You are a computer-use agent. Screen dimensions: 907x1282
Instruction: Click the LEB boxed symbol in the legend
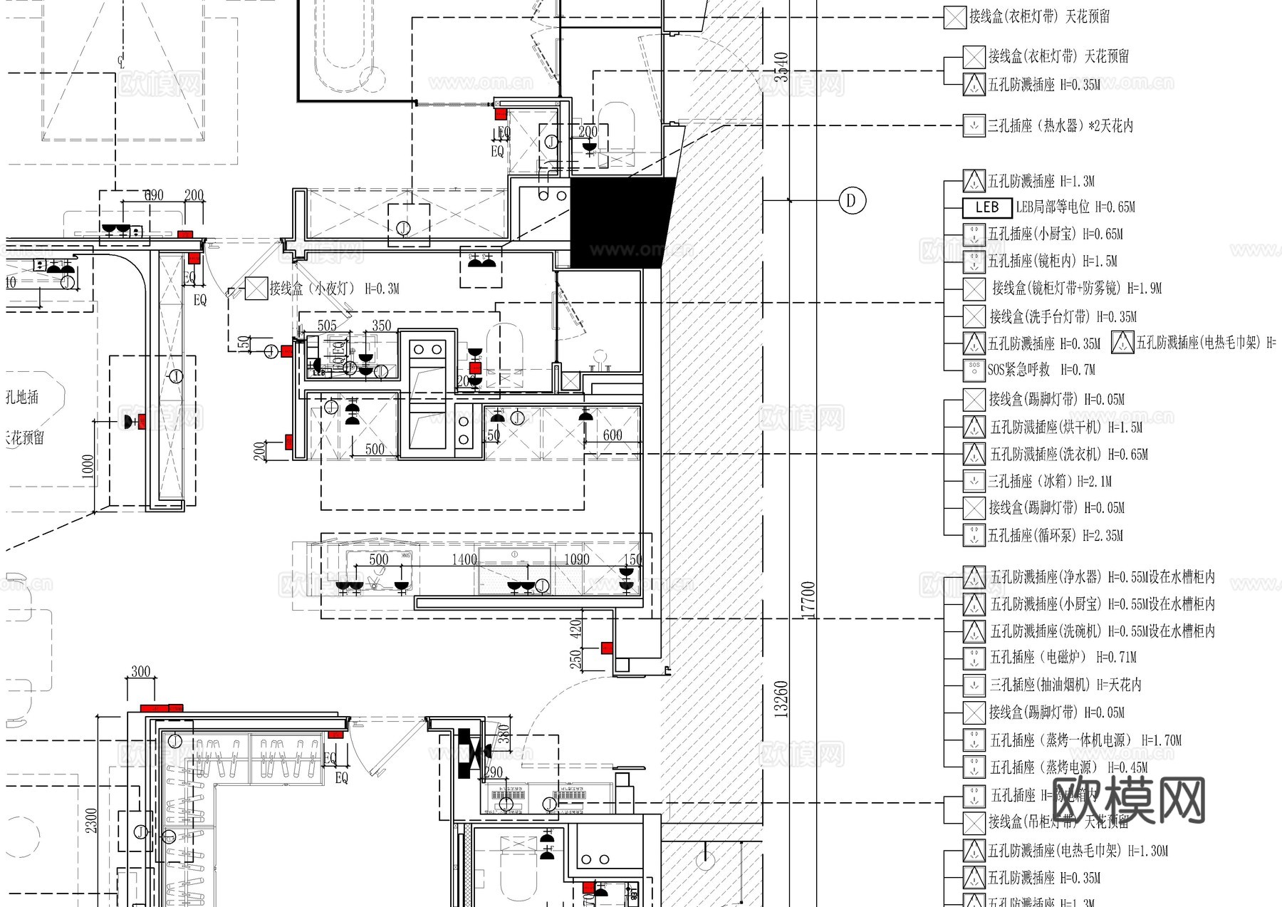986,207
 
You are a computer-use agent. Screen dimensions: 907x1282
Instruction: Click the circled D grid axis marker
850,200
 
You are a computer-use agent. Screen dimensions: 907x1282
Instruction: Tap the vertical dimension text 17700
808,599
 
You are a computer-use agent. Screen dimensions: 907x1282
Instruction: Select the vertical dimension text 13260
781,699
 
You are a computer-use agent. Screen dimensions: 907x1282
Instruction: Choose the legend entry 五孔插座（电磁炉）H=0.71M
1063,657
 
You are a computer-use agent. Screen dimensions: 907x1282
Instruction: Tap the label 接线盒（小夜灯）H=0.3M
333,289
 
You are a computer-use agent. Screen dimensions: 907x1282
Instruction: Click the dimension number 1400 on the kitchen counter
464,559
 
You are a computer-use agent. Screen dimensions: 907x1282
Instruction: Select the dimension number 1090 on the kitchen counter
577,559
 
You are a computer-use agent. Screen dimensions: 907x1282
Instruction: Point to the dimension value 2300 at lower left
91,819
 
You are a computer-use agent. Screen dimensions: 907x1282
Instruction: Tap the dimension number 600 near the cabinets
613,435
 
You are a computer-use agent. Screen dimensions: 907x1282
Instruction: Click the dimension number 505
327,326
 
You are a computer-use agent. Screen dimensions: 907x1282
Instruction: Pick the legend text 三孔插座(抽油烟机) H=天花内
1065,685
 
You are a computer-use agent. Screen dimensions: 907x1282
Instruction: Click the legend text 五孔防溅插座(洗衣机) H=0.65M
1068,454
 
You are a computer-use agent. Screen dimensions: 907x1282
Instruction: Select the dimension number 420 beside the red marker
575,628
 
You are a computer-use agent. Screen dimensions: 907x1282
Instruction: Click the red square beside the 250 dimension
606,648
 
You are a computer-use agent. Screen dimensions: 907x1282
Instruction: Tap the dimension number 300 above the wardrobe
141,671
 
